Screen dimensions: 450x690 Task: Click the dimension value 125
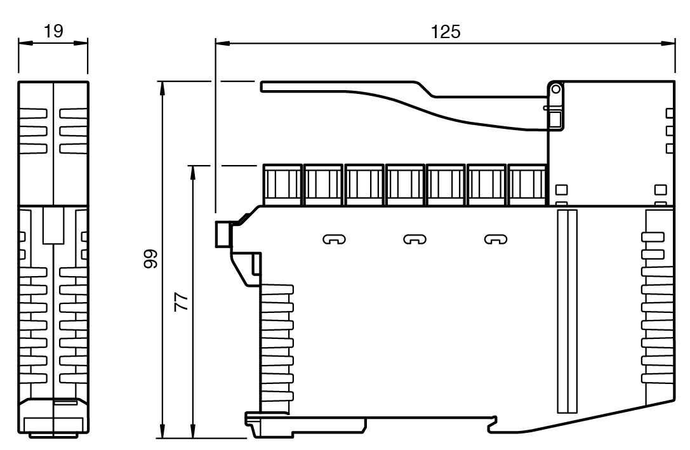[446, 32]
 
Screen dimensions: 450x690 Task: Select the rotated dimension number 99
[150, 259]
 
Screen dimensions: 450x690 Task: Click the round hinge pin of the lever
[555, 89]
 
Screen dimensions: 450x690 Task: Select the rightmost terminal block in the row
[527, 185]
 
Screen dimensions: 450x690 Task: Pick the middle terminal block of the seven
[404, 185]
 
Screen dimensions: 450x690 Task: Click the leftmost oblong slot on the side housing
[335, 239]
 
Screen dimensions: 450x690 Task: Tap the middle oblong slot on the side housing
[415, 239]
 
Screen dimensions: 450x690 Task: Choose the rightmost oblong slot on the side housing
[496, 239]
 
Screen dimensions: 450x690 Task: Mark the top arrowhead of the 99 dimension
[163, 86]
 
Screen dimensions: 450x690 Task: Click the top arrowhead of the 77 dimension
[192, 170]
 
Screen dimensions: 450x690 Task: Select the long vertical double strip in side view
[565, 311]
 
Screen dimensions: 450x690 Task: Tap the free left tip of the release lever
[263, 86]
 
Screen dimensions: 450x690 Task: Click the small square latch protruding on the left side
[223, 233]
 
